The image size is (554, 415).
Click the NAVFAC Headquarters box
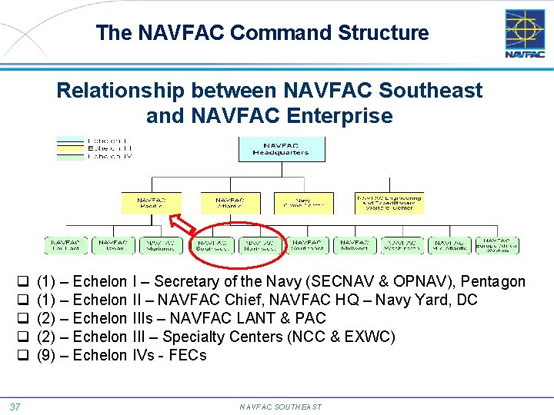pos(281,148)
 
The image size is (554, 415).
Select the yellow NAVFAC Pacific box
pos(152,203)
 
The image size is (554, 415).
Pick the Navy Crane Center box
pos(303,203)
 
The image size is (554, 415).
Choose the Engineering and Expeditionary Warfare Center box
pos(389,203)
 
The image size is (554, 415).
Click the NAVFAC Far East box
pos(65,245)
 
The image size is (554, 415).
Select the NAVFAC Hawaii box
pos(114,245)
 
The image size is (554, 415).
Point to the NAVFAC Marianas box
pos(162,245)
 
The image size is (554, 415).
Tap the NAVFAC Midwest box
pos(354,245)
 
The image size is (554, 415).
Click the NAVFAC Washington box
pos(402,245)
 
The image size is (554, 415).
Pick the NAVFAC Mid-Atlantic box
pos(449,245)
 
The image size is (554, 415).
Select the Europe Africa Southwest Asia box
pos(497,245)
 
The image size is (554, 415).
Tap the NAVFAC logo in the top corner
pos(525,33)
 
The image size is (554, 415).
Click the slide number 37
pos(15,406)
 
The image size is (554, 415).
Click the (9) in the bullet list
pos(45,355)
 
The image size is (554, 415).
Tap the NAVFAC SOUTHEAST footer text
pos(280,407)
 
